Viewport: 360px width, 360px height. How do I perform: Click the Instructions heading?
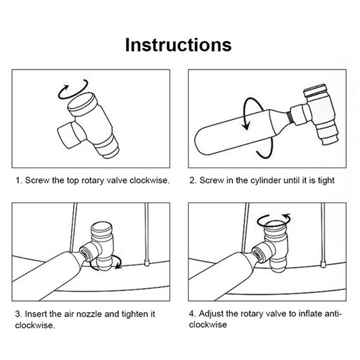click(x=178, y=45)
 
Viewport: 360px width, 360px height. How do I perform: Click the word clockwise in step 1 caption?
click(x=149, y=180)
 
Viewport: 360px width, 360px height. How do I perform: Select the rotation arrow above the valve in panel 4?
click(x=274, y=220)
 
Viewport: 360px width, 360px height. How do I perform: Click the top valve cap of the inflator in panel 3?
click(x=102, y=228)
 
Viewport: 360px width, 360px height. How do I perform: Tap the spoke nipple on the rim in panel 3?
click(x=147, y=262)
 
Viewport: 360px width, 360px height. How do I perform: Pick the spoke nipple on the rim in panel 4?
click(x=323, y=264)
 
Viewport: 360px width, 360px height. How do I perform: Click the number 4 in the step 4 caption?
click(x=192, y=314)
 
